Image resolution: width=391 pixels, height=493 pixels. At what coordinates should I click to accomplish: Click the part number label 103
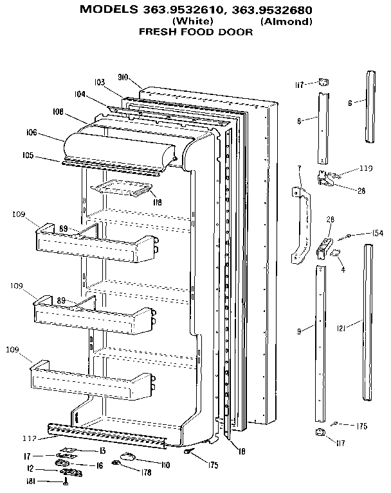[99, 82]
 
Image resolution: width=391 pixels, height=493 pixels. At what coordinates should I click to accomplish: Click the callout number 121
[342, 329]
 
